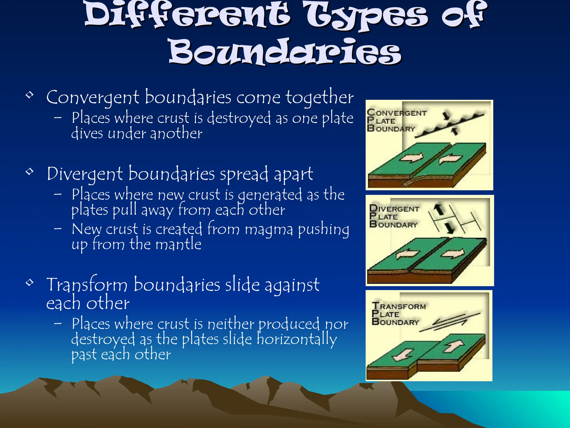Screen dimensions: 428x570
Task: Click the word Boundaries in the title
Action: [285, 52]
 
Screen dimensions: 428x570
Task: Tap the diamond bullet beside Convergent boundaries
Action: [30, 95]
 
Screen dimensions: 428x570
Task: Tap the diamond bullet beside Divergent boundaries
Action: [30, 171]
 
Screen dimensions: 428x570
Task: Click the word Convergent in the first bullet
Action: [93, 98]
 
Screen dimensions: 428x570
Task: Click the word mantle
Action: [178, 244]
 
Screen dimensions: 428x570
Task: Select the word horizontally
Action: [296, 339]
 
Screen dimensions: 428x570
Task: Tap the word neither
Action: [231, 324]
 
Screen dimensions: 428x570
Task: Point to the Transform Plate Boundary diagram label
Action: [399, 314]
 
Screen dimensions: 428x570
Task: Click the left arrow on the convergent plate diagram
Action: [411, 158]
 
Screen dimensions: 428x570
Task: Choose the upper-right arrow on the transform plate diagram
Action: [453, 346]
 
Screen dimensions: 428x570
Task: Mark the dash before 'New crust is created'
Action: [58, 229]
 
